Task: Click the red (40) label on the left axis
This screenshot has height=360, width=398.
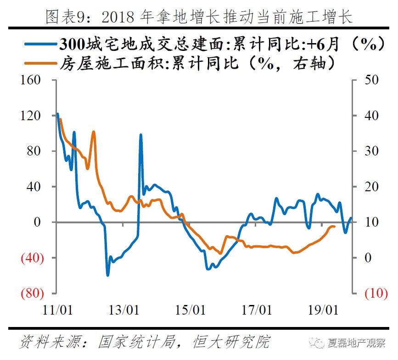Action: click(x=31, y=258)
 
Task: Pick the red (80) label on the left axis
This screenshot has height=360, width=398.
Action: click(x=31, y=294)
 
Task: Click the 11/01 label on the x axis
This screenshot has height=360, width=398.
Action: click(x=58, y=310)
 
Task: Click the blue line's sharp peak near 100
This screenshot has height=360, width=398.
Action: click(x=140, y=135)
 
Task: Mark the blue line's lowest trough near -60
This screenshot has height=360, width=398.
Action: click(x=108, y=275)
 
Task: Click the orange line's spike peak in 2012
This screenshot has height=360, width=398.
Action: click(x=94, y=132)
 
